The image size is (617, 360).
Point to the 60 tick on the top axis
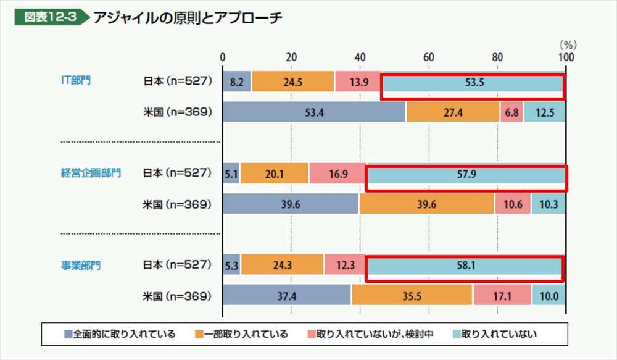(x=428, y=57)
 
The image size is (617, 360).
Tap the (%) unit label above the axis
(x=568, y=44)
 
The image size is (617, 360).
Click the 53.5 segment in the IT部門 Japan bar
(x=473, y=82)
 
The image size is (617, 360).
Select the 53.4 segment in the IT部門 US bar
(x=313, y=112)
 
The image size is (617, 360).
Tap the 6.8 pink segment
(x=511, y=112)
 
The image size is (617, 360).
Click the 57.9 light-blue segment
(x=466, y=174)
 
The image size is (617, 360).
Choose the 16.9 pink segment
(x=337, y=174)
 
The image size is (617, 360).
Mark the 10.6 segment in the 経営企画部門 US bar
(x=512, y=204)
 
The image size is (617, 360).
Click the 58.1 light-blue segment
(x=464, y=266)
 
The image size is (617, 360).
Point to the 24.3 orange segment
(x=282, y=266)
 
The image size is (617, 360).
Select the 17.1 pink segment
(x=502, y=296)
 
